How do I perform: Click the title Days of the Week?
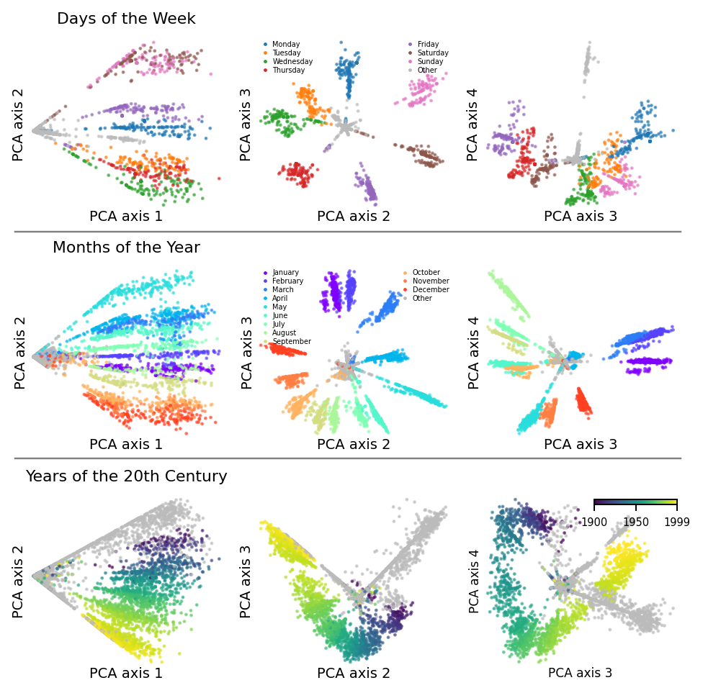tap(126, 19)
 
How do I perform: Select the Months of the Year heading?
tap(126, 248)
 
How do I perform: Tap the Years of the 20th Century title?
tap(126, 476)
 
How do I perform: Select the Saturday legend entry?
tap(433, 53)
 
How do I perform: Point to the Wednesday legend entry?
tap(292, 62)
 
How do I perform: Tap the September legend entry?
tap(291, 342)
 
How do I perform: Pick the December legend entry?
tap(430, 290)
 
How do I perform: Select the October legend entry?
tap(426, 273)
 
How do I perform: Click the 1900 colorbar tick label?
tap(595, 522)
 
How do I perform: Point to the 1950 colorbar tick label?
tap(636, 522)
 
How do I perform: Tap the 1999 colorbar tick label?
tap(676, 522)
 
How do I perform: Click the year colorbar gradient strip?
tap(635, 502)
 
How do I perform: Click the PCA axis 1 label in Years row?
tap(126, 674)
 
